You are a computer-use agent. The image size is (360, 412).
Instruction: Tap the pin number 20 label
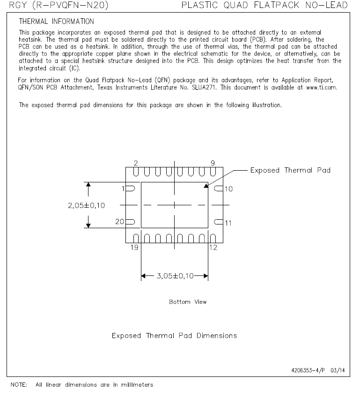[120, 222]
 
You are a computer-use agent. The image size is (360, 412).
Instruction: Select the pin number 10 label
[228, 189]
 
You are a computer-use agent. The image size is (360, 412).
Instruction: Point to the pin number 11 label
[228, 223]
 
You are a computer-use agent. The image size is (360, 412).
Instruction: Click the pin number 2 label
[136, 163]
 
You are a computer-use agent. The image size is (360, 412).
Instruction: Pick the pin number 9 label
[213, 163]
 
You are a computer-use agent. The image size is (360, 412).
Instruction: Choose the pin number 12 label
[213, 247]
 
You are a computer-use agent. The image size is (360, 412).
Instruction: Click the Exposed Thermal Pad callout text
[290, 170]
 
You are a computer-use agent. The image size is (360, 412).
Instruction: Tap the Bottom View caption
[188, 302]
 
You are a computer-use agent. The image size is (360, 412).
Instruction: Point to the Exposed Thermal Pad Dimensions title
[174, 336]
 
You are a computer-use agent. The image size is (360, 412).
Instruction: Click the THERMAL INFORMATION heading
[56, 22]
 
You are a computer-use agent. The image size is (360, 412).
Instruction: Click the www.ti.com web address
[322, 87]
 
